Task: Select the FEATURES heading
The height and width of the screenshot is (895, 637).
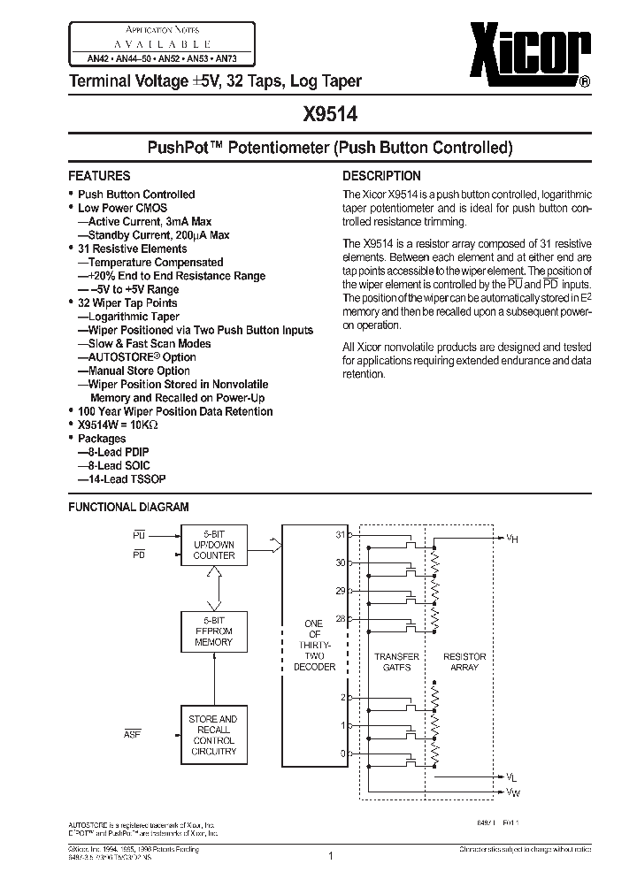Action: tap(99, 176)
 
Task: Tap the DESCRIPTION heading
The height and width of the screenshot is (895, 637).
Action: tap(381, 176)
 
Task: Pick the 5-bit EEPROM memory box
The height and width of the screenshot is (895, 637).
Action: tap(214, 631)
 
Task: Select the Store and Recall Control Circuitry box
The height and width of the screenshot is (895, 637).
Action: tap(213, 735)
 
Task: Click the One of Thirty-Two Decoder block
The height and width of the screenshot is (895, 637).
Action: tap(314, 645)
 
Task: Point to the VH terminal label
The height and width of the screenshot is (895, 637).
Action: tap(512, 537)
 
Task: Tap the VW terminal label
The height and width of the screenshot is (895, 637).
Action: tap(512, 792)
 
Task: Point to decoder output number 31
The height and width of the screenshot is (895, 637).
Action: tap(340, 535)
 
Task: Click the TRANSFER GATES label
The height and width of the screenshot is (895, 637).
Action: tap(390, 662)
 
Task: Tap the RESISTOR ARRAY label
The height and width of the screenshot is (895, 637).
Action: tap(464, 662)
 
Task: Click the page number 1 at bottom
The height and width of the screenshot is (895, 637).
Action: tap(329, 855)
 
